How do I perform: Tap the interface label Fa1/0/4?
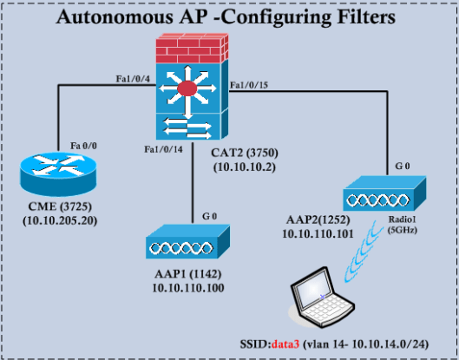click(134, 78)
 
